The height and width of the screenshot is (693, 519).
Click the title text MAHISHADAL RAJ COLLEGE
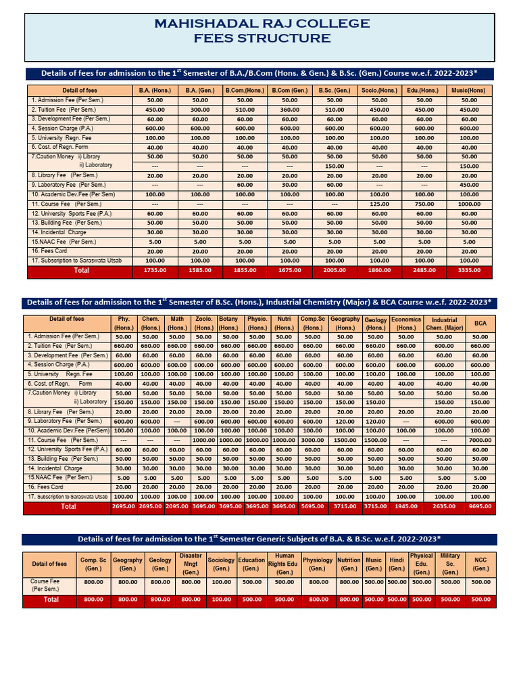[x=262, y=24]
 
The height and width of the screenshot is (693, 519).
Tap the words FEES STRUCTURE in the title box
[x=262, y=39]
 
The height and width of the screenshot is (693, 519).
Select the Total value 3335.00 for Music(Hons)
[x=469, y=271]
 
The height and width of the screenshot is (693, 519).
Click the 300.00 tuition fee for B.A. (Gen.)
[x=200, y=110]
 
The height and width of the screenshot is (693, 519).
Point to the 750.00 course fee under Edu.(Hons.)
[x=424, y=204]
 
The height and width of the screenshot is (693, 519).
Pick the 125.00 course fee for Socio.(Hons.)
[x=380, y=204]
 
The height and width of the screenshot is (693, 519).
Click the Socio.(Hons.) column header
[x=380, y=90]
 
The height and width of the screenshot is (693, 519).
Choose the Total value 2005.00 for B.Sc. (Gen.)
[x=335, y=271]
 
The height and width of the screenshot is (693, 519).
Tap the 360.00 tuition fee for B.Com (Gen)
[x=290, y=110]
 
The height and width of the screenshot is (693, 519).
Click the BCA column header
[x=480, y=323]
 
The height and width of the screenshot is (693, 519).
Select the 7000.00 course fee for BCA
[x=480, y=439]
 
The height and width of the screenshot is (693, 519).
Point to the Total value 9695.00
[x=480, y=506]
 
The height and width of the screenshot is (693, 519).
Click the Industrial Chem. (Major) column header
[x=444, y=323]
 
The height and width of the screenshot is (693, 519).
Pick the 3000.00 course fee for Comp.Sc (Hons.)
[x=312, y=439]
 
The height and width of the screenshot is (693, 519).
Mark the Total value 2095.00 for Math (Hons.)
[x=177, y=506]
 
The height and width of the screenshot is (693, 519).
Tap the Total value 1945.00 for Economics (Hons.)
[x=406, y=506]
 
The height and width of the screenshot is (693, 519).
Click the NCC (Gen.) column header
[x=480, y=564]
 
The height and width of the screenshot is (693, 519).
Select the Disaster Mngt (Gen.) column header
[x=191, y=564]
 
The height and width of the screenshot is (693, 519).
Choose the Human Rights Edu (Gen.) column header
[x=285, y=564]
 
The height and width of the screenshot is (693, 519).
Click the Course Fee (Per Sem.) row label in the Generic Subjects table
[x=46, y=585]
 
